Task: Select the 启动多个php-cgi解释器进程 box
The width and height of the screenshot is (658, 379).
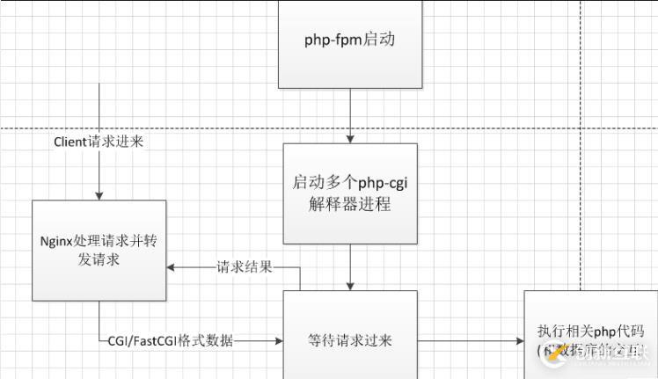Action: [350, 193]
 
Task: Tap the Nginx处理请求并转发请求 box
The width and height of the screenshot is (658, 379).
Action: [99, 250]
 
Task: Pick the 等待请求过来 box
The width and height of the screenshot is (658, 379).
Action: [350, 339]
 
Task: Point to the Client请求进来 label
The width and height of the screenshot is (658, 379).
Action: [99, 141]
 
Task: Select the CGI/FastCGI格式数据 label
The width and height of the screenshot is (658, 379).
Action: [171, 340]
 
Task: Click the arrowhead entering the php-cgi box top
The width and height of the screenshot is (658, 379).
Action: [350, 139]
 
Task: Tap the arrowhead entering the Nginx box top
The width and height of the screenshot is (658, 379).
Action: [99, 196]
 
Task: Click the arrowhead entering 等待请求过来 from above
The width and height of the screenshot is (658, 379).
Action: [350, 286]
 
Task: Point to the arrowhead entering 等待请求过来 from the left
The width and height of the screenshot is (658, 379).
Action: [278, 340]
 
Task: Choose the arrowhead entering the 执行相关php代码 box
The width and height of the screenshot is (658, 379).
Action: [520, 340]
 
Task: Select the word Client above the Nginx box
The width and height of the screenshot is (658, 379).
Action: [69, 141]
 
